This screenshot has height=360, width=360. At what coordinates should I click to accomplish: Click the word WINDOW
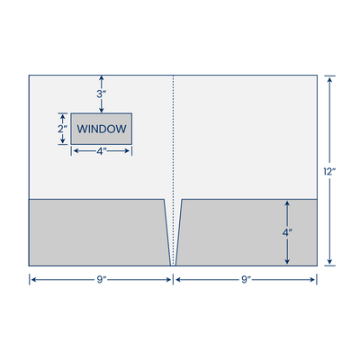click(102, 129)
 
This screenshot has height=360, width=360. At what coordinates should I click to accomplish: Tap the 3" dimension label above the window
click(102, 94)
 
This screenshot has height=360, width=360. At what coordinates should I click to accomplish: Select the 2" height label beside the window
click(62, 129)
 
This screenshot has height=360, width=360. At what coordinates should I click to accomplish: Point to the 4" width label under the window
click(102, 151)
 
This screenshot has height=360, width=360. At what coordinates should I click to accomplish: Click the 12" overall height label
click(329, 172)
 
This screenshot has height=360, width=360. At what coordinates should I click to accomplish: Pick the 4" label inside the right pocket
click(287, 232)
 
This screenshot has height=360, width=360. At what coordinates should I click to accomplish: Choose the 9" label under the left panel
click(102, 280)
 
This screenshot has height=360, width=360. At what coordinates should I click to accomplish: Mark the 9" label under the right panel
click(246, 280)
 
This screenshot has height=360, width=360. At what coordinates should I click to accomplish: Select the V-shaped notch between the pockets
click(173, 232)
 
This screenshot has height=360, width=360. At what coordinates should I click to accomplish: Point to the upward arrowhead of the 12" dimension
click(330, 79)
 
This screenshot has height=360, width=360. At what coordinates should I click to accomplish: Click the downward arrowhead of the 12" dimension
click(330, 261)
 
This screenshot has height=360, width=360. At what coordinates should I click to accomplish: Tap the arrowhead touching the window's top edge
click(102, 110)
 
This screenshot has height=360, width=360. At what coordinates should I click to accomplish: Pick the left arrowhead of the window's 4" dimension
click(76, 151)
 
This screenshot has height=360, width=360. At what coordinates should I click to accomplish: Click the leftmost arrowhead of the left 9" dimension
click(34, 280)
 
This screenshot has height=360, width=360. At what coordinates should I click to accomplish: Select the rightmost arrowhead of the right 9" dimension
click(312, 280)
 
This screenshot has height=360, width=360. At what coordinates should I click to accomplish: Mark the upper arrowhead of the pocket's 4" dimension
click(287, 204)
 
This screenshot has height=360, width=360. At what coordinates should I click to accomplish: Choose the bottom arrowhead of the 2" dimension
click(62, 140)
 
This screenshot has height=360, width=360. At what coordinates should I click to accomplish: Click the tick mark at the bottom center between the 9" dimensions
click(173, 279)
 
